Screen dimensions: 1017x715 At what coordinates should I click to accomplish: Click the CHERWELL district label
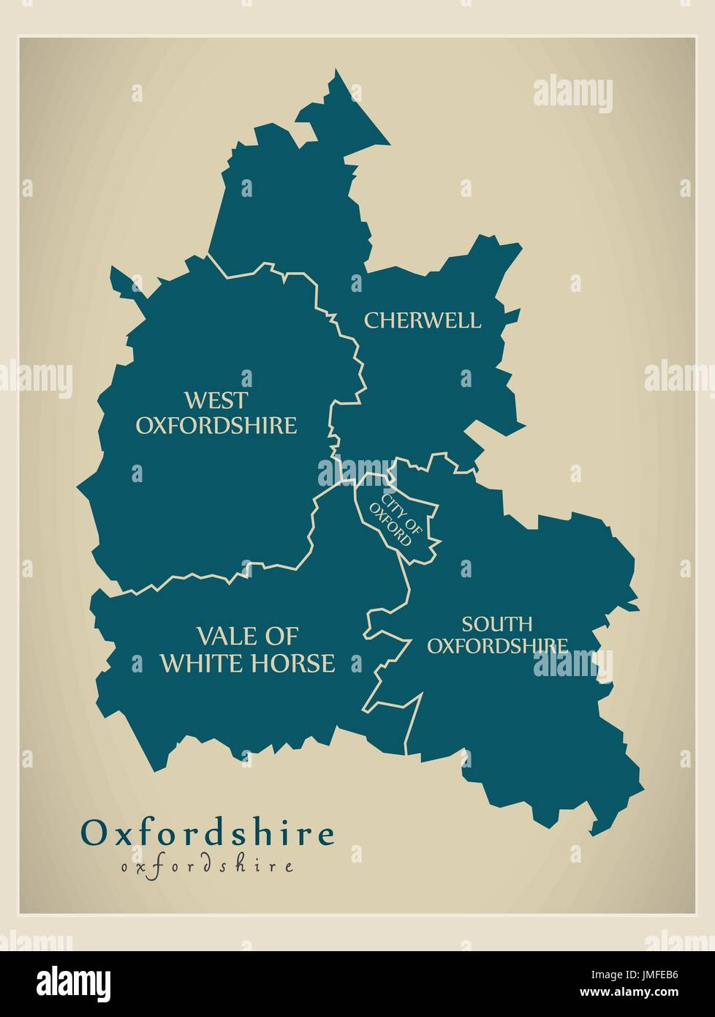click(423, 320)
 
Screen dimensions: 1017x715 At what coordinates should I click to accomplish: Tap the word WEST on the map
click(216, 400)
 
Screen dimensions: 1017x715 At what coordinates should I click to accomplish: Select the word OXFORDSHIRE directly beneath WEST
click(216, 425)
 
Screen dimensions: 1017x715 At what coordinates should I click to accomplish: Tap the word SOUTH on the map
click(496, 624)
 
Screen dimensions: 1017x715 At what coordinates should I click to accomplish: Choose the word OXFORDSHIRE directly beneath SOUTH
click(497, 645)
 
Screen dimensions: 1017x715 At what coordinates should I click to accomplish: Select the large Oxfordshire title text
click(208, 833)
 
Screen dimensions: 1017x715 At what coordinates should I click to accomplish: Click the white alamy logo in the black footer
click(74, 982)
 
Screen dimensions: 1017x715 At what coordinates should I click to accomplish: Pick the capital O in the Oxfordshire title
click(93, 833)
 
